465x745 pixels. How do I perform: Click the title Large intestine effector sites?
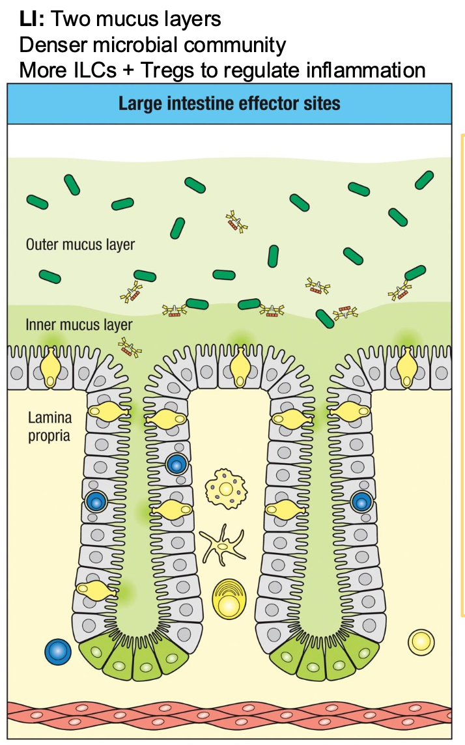point(229,104)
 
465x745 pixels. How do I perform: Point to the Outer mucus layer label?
point(80,246)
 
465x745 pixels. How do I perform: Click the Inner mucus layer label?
point(79,324)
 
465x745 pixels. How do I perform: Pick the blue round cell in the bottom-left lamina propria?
point(58,651)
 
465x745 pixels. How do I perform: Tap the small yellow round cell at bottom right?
point(421,641)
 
